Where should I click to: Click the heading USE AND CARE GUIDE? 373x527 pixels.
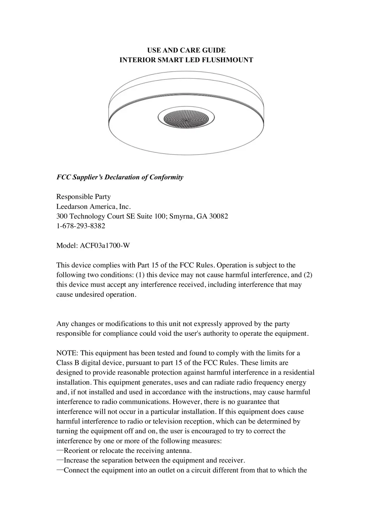pos(186,50)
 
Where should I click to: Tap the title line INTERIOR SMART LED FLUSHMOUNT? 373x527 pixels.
pos(186,60)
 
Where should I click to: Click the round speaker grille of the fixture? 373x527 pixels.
pos(186,117)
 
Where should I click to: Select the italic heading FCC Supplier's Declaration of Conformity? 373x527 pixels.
pos(120,177)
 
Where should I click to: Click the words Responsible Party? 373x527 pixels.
pos(83,197)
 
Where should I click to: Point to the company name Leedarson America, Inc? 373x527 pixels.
pos(93,207)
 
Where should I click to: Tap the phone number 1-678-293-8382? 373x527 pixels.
pos(81,226)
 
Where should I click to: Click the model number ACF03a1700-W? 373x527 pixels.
pos(105,246)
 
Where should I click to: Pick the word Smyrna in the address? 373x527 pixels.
pos(181,216)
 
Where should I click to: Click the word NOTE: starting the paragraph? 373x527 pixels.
pos(67,353)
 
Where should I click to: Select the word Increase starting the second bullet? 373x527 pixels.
pos(76,460)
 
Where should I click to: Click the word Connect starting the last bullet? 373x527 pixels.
pos(76,470)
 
